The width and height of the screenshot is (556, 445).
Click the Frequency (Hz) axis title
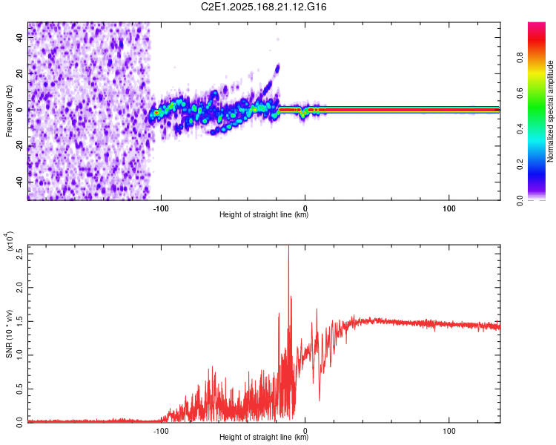[x=9, y=111]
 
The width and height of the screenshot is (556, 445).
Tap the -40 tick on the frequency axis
[x=20, y=182]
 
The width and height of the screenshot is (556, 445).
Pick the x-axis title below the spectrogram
[x=264, y=215]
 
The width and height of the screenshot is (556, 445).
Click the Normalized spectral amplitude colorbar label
[x=551, y=111]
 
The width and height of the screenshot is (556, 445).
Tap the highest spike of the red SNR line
[x=288, y=248]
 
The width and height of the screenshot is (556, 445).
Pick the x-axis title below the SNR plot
[x=264, y=438]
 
